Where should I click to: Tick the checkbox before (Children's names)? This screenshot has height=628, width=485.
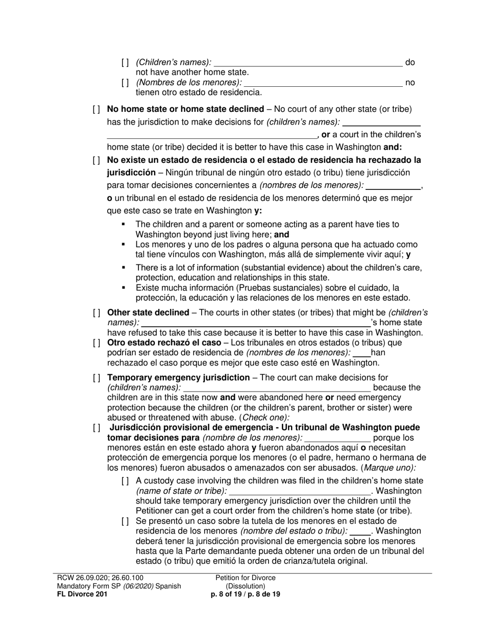(x=125, y=63)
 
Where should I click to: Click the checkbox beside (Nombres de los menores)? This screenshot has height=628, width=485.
(x=125, y=83)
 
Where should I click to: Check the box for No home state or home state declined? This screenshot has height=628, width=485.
(x=96, y=109)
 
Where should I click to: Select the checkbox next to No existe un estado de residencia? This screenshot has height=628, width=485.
(x=96, y=160)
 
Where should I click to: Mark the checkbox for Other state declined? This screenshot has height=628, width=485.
(x=96, y=313)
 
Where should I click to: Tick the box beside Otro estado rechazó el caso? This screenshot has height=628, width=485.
(x=96, y=343)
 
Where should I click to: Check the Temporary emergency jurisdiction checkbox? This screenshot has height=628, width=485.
(x=96, y=378)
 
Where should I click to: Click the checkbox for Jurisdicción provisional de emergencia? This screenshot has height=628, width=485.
(x=96, y=428)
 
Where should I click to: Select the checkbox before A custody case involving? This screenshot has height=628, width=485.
(x=125, y=481)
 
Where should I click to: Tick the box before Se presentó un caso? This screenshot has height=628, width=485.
(x=125, y=521)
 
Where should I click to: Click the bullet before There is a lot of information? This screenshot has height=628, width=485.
(x=124, y=268)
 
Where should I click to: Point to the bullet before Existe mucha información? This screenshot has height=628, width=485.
(x=124, y=288)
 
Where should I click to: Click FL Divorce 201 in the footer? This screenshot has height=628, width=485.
(x=82, y=594)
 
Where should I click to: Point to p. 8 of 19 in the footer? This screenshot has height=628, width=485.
(x=227, y=594)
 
